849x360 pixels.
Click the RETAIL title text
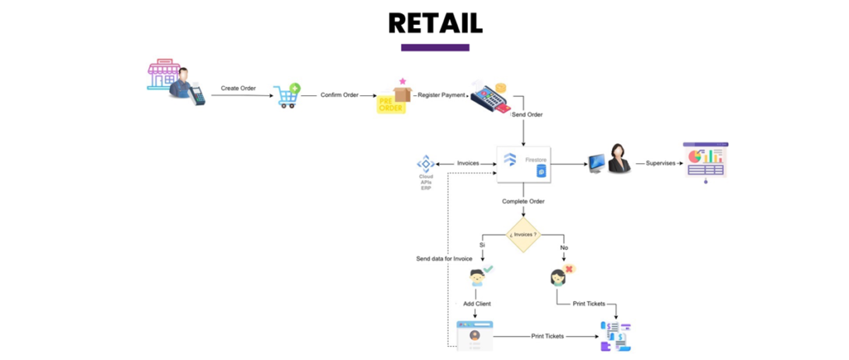pyautogui.click(x=434, y=22)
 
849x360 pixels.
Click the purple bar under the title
pyautogui.click(x=434, y=47)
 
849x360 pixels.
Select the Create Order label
pyautogui.click(x=238, y=88)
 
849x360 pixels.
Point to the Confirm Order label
pyautogui.click(x=339, y=95)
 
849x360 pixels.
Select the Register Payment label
pyautogui.click(x=440, y=95)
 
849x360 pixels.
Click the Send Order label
pyautogui.click(x=526, y=114)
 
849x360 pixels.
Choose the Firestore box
pyautogui.click(x=523, y=163)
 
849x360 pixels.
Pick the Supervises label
pyautogui.click(x=660, y=163)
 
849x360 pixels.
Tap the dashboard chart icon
pyautogui.click(x=705, y=160)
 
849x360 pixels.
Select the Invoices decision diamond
pyautogui.click(x=523, y=234)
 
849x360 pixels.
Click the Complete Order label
pyautogui.click(x=523, y=202)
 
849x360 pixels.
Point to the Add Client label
pyautogui.click(x=477, y=304)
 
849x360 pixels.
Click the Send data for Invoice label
pyautogui.click(x=444, y=259)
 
